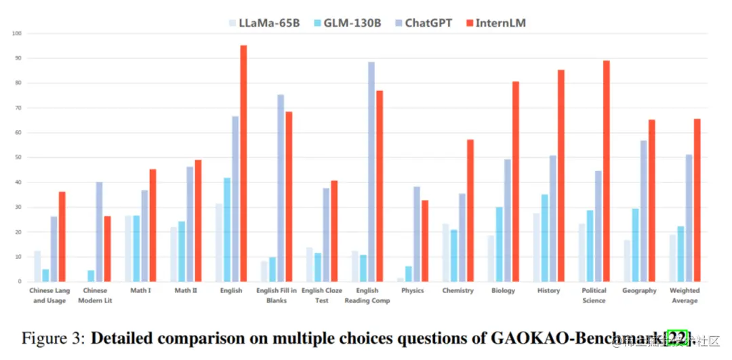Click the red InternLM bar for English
243,163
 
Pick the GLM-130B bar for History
545,238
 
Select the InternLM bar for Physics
425,241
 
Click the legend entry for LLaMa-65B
264,23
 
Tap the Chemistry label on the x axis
457,291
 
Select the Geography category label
639,291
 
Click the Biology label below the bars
503,291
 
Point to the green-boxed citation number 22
678,338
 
